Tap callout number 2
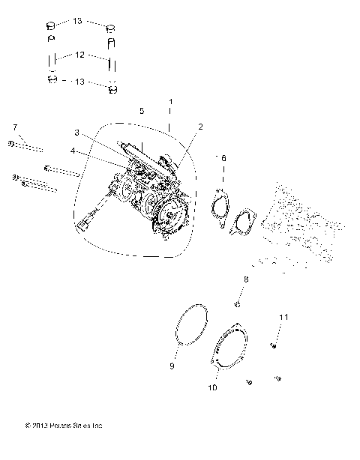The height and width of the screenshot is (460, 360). click(x=200, y=127)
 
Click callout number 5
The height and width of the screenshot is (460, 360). click(x=142, y=110)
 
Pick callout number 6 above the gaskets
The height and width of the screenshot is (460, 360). click(x=222, y=158)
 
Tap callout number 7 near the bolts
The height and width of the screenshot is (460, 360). click(x=15, y=128)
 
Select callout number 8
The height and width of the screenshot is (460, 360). click(x=244, y=279)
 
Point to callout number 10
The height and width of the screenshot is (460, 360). click(x=212, y=389)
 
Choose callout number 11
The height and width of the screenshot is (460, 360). click(x=283, y=318)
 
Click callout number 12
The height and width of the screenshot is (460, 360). click(x=80, y=55)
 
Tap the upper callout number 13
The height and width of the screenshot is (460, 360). click(x=79, y=21)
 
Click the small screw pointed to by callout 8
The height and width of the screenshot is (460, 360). click(x=236, y=303)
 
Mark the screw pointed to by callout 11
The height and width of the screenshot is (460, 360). click(x=273, y=345)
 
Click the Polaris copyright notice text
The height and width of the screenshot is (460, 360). click(x=64, y=426)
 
